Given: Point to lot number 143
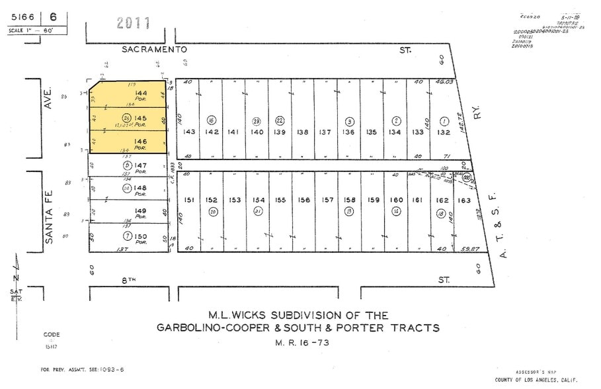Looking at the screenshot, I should click(x=190, y=132).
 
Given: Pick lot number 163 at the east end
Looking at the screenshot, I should click(x=465, y=200).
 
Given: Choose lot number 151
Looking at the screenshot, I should click(x=189, y=200).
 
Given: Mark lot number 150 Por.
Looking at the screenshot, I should click(x=140, y=236).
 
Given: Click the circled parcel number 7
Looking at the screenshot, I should click(x=126, y=236).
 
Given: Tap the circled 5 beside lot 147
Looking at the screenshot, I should click(x=126, y=165).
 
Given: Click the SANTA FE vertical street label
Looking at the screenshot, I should click(x=48, y=208).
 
